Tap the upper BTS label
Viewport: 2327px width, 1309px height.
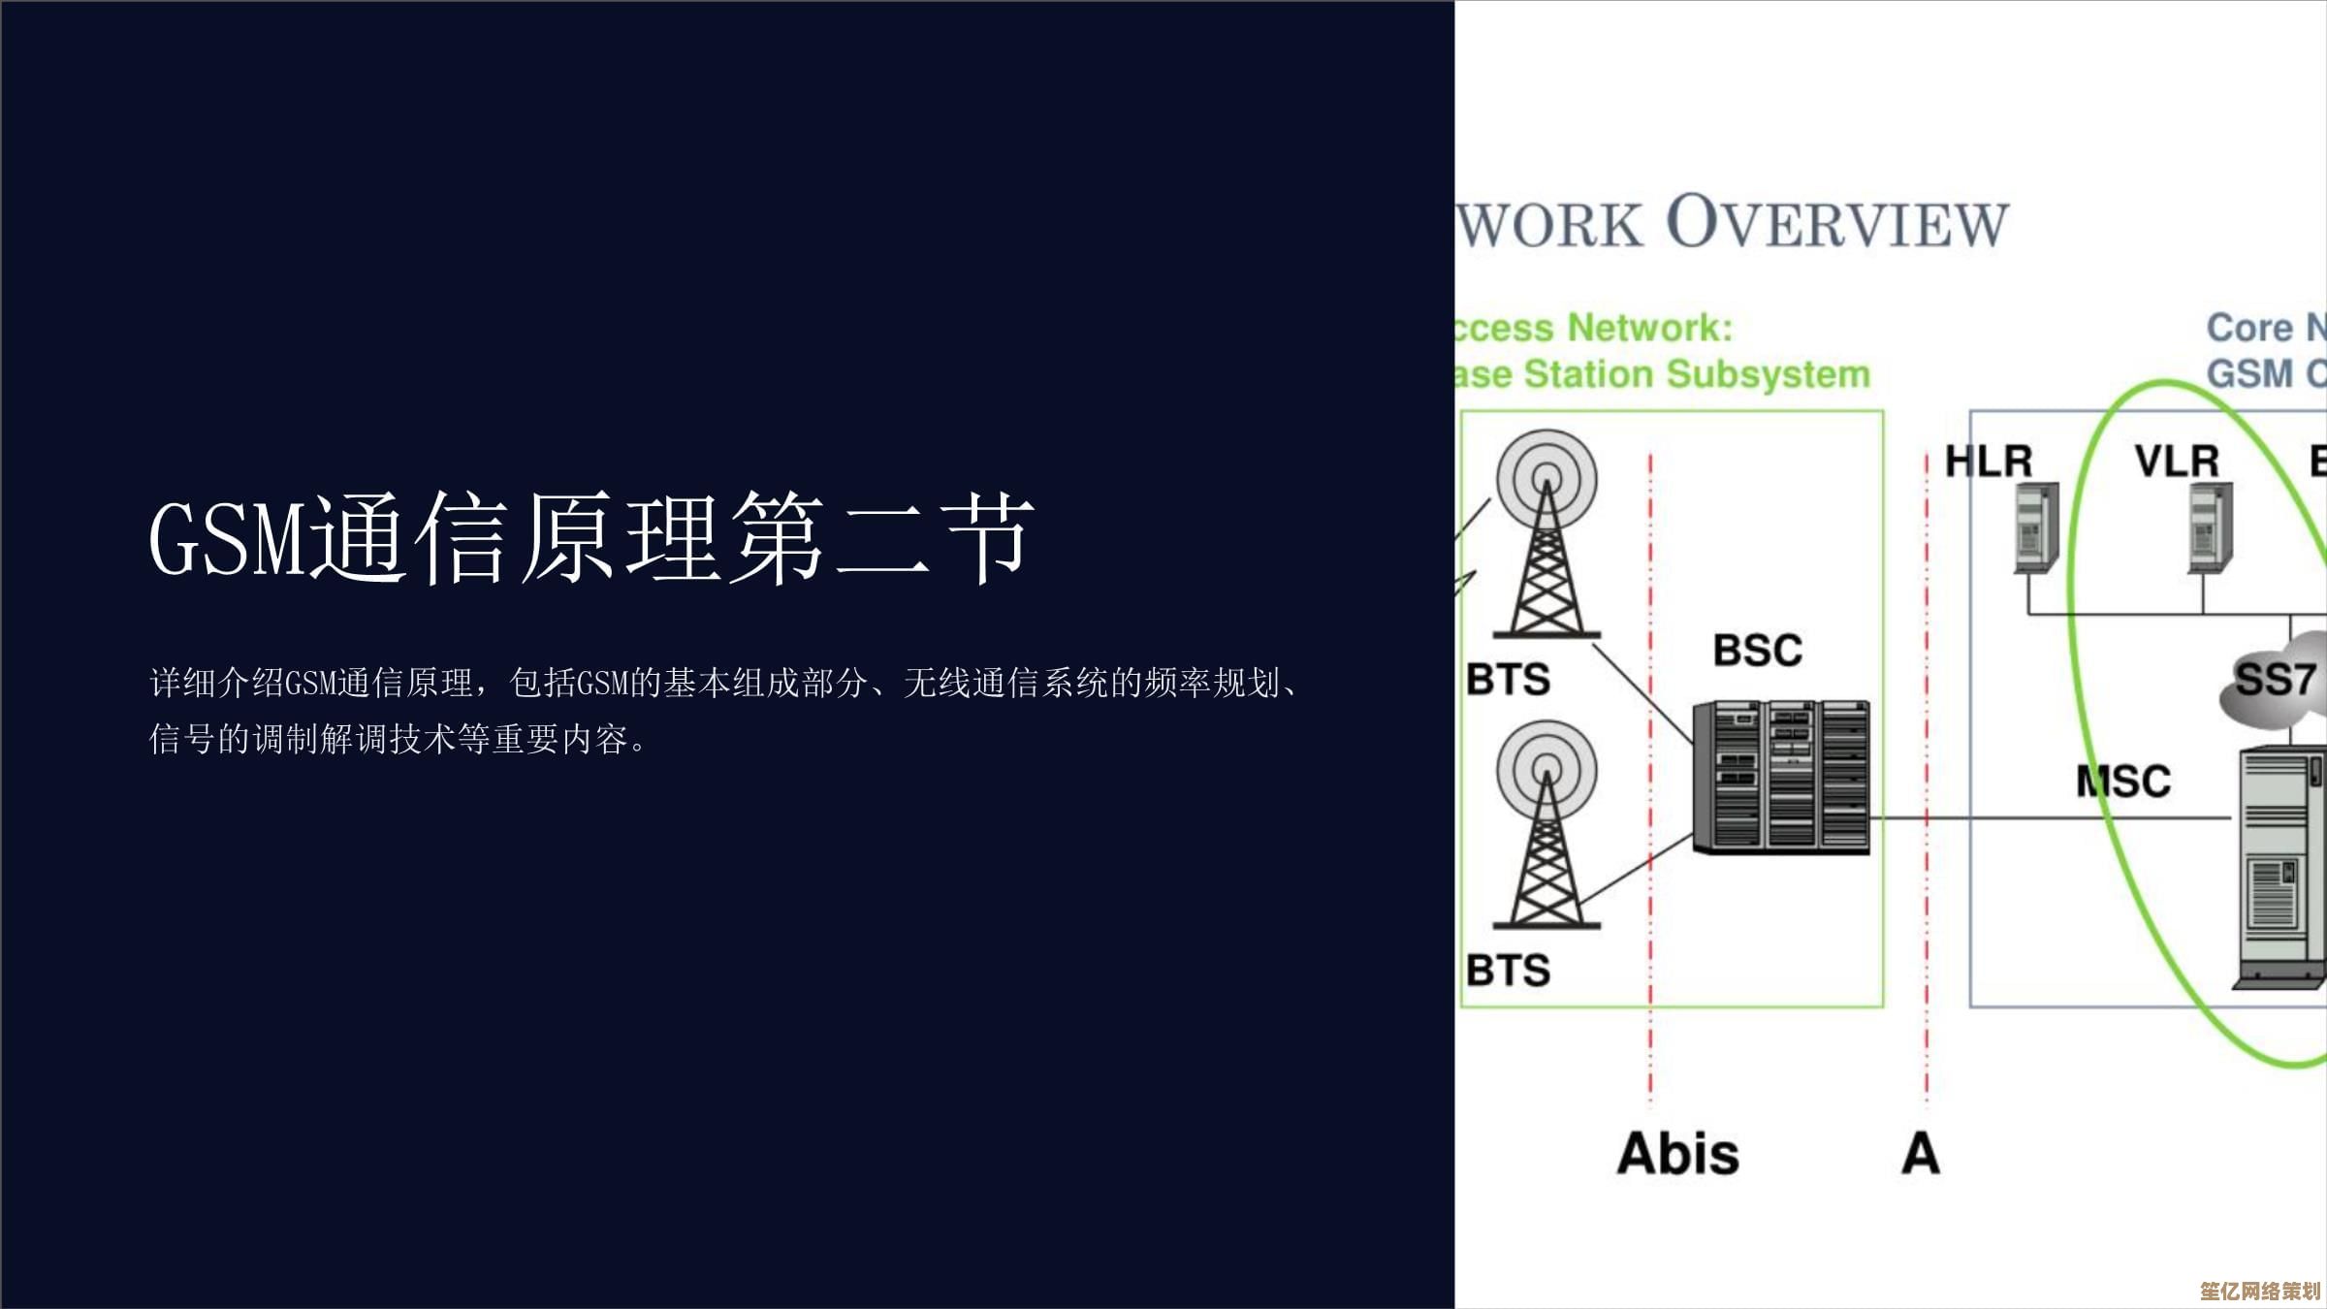click(1508, 680)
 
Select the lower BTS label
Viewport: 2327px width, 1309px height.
click(1508, 971)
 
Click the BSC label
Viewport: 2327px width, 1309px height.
click(1757, 651)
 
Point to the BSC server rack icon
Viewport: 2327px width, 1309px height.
click(1781, 778)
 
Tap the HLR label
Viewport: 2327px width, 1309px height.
click(1989, 462)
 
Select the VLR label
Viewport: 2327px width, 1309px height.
click(2177, 462)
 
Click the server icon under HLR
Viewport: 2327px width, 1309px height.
click(2036, 529)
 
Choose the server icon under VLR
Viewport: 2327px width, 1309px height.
click(2210, 529)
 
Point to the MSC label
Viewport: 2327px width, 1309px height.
click(2123, 782)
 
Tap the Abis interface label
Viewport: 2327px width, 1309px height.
click(1678, 1154)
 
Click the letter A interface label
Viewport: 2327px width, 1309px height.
click(1921, 1154)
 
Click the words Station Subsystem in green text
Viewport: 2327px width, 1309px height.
click(1697, 374)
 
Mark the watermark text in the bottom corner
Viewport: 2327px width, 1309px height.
click(2259, 1291)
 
